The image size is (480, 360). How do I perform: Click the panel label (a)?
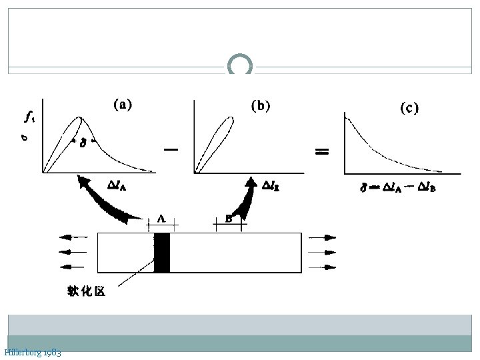tap(122, 104)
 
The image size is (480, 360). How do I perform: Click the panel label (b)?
tap(261, 105)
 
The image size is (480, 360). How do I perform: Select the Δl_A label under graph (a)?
tap(117, 186)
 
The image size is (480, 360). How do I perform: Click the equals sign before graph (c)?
tap(322, 152)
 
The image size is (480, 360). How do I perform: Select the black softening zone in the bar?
tap(162, 252)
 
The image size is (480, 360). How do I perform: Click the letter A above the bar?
tap(162, 217)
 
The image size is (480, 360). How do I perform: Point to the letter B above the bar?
tap(229, 217)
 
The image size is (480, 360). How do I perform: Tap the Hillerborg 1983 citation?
tap(33, 352)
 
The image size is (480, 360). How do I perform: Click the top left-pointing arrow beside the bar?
tap(73, 236)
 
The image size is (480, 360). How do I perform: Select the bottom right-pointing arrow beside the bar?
tap(323, 267)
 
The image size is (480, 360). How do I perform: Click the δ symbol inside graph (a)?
tap(83, 142)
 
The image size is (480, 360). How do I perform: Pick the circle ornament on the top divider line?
tap(240, 66)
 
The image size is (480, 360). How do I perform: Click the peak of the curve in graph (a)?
tap(80, 118)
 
